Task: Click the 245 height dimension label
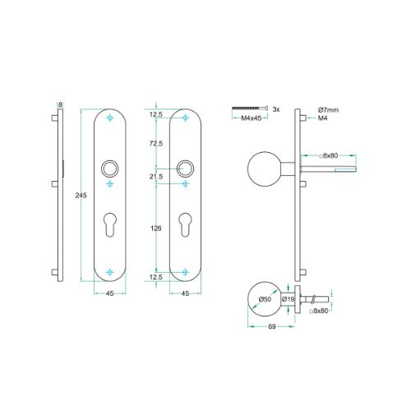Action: (81, 196)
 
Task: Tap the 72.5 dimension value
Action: (156, 143)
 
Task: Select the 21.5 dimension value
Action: (156, 177)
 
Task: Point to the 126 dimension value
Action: (156, 229)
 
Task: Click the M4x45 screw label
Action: (251, 118)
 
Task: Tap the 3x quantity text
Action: (276, 109)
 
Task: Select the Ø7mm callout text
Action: (328, 110)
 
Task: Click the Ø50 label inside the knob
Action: (265, 299)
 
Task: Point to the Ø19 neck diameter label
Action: (289, 299)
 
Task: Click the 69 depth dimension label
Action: (271, 326)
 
